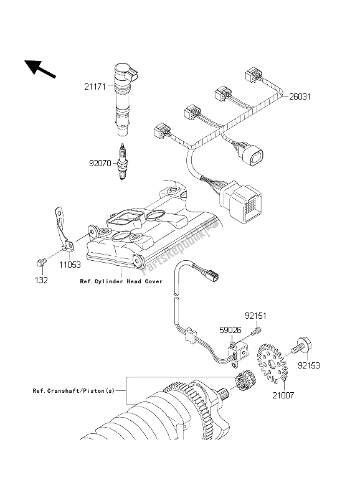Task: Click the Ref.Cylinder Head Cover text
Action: pos(121,281)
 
